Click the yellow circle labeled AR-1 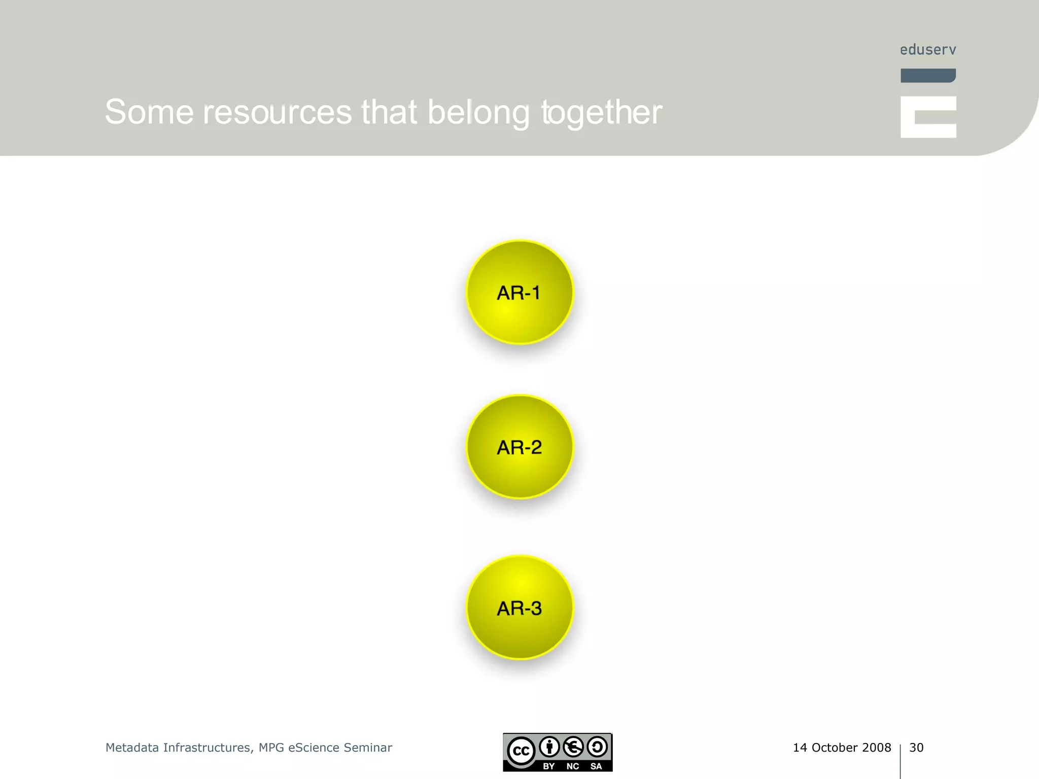coord(519,293)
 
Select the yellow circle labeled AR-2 coord(519,447)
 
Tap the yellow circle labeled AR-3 coord(519,608)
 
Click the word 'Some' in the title coord(149,112)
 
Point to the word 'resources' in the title coord(277,112)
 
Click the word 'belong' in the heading coord(478,112)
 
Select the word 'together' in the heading coord(602,112)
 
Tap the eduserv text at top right coord(928,50)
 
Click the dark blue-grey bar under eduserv coord(928,76)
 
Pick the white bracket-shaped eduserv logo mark coord(928,117)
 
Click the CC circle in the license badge coord(521,751)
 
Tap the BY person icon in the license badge coord(549,747)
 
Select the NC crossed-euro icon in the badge coord(573,747)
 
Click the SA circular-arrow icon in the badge coord(597,747)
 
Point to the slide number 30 coord(916,748)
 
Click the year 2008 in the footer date coord(876,748)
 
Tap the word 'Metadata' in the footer coord(132,748)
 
